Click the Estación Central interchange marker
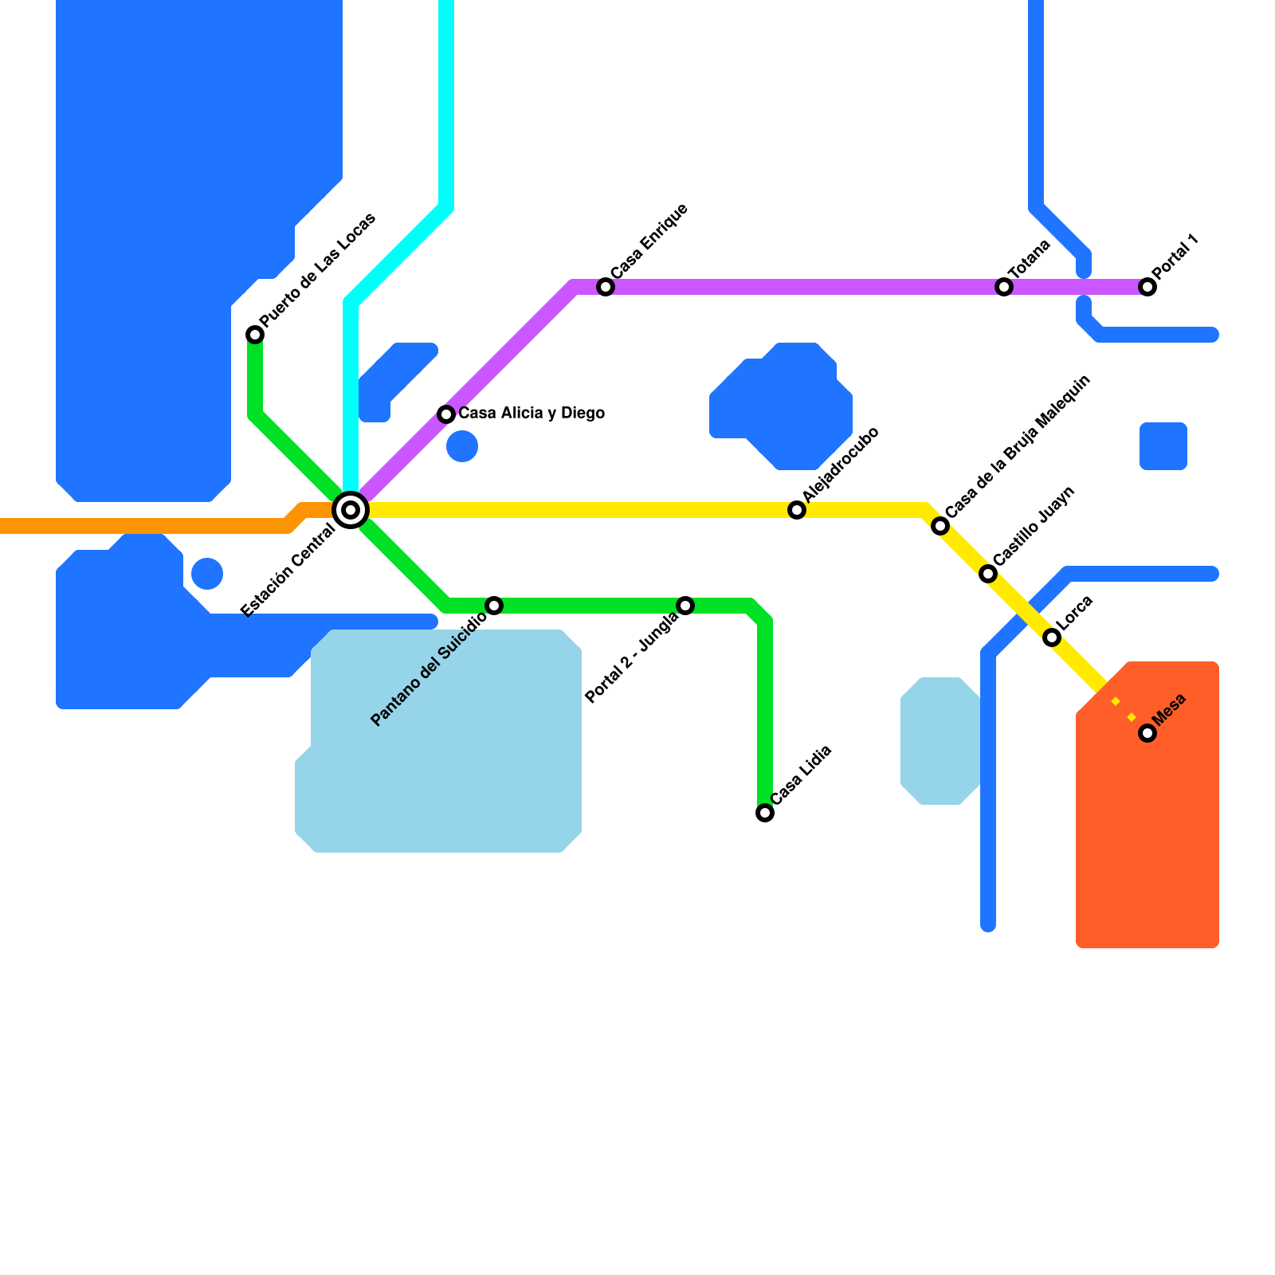click(x=351, y=510)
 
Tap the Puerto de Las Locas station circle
click(x=255, y=335)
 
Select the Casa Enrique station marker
click(x=606, y=287)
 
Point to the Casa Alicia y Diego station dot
click(x=446, y=414)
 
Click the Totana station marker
click(x=1004, y=287)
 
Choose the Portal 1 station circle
click(x=1147, y=287)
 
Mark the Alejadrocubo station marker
click(x=797, y=510)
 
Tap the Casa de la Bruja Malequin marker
click(x=940, y=526)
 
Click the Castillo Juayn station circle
click(x=988, y=574)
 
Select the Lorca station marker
click(x=1052, y=637)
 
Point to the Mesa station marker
click(x=1147, y=733)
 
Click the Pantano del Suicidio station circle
click(x=494, y=606)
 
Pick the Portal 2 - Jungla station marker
click(x=685, y=606)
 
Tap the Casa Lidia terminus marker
click(x=765, y=813)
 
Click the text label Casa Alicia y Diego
click(x=532, y=414)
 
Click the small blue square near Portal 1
click(x=1163, y=446)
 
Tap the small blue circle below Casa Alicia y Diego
click(x=462, y=446)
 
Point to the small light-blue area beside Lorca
click(x=940, y=741)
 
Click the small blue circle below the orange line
click(x=207, y=574)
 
